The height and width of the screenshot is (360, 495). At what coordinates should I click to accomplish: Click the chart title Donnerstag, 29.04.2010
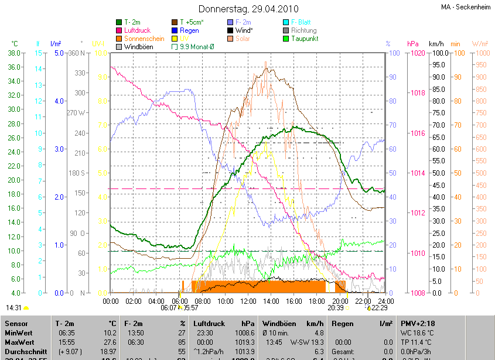248,9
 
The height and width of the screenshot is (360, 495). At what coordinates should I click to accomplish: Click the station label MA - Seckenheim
466,7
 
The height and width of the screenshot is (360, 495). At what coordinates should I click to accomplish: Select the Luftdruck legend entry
139,30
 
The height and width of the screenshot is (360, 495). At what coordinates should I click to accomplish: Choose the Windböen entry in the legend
139,46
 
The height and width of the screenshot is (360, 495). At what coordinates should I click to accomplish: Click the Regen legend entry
189,30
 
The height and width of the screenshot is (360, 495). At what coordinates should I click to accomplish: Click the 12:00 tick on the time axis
248,301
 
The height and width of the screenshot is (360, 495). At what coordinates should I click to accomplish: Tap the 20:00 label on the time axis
340,301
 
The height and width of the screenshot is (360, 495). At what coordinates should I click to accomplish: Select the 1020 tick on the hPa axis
417,53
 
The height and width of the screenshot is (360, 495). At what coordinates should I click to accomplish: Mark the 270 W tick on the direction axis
77,112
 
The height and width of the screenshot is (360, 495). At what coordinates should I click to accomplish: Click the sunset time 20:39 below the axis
336,307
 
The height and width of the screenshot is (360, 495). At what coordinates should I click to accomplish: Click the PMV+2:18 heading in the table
417,323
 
